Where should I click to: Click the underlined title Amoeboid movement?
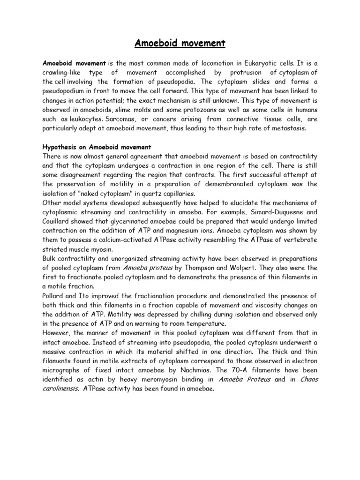click(180, 44)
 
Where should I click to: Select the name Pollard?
click(55, 296)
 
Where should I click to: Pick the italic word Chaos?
click(307, 380)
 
